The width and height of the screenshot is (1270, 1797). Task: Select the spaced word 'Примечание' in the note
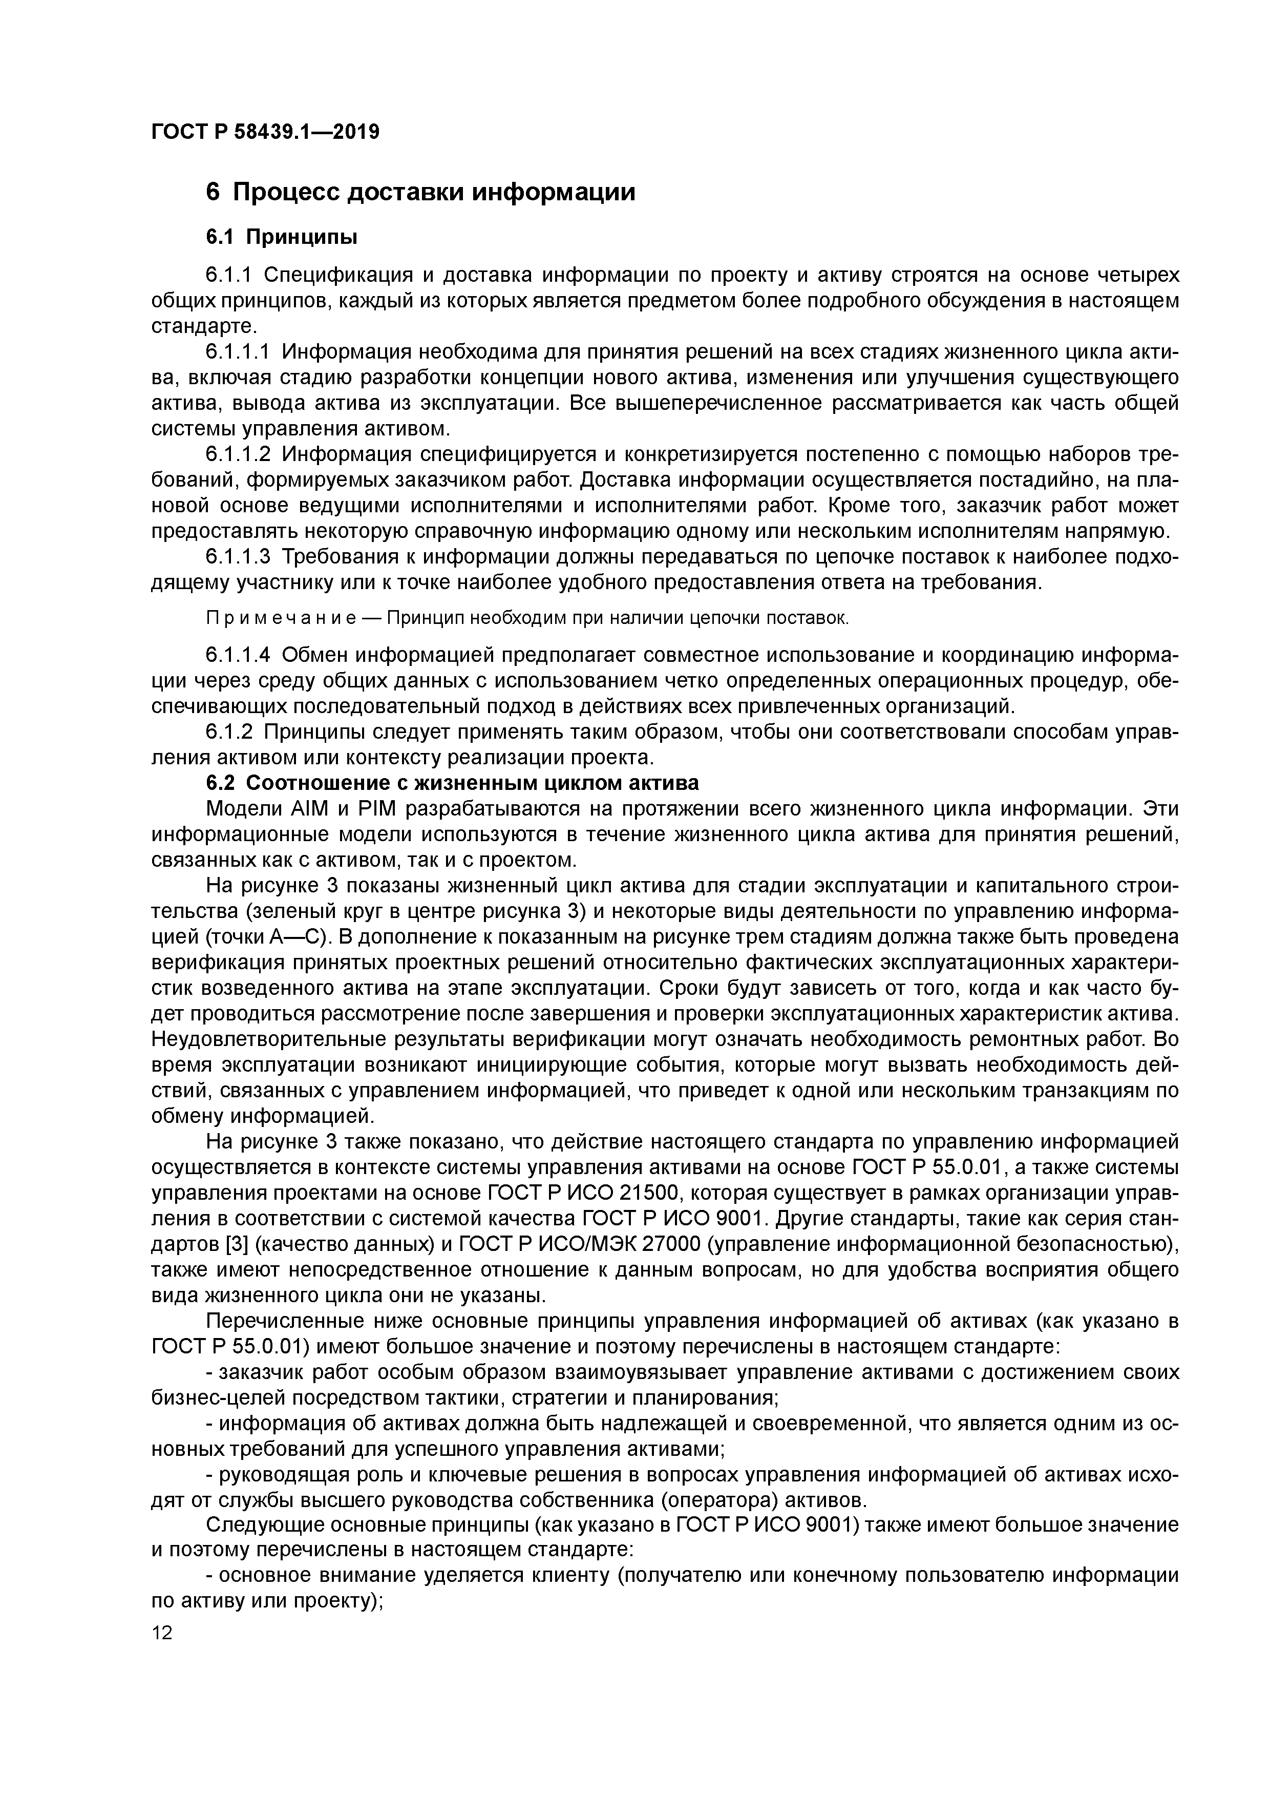(282, 618)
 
